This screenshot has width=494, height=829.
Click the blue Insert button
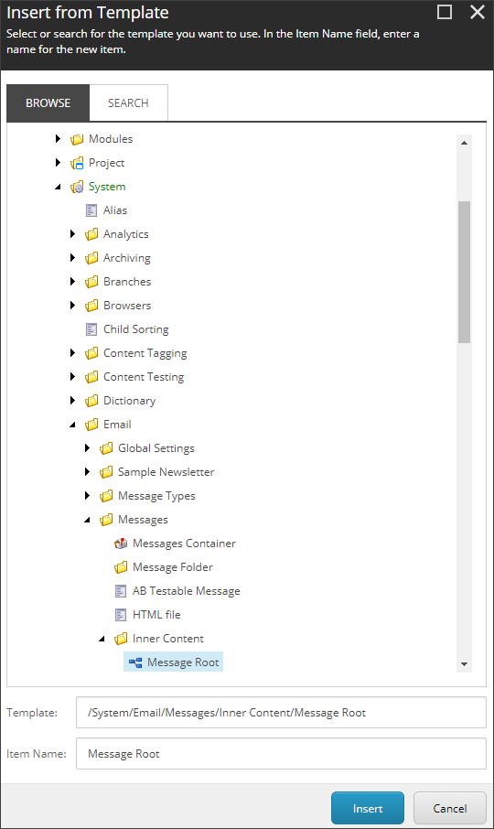point(367,808)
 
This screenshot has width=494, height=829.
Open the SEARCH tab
point(128,103)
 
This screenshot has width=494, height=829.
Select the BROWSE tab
point(48,103)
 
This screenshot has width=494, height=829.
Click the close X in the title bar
point(478,12)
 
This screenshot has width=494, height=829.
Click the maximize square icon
point(445,12)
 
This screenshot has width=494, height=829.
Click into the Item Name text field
point(281,753)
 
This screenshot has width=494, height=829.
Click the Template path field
point(281,712)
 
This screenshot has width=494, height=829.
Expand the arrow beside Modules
point(59,138)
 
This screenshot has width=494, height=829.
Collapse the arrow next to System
point(59,187)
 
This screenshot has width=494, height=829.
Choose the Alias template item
point(115,210)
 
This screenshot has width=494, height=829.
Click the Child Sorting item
point(135,328)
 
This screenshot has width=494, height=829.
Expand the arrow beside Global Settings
point(88,447)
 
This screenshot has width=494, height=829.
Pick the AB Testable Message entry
point(186,590)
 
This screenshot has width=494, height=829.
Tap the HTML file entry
point(156,614)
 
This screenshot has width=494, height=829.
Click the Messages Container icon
point(121,543)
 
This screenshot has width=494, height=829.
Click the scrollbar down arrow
point(465,664)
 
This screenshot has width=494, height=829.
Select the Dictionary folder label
point(129,400)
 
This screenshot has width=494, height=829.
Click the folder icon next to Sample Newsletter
point(106,471)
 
